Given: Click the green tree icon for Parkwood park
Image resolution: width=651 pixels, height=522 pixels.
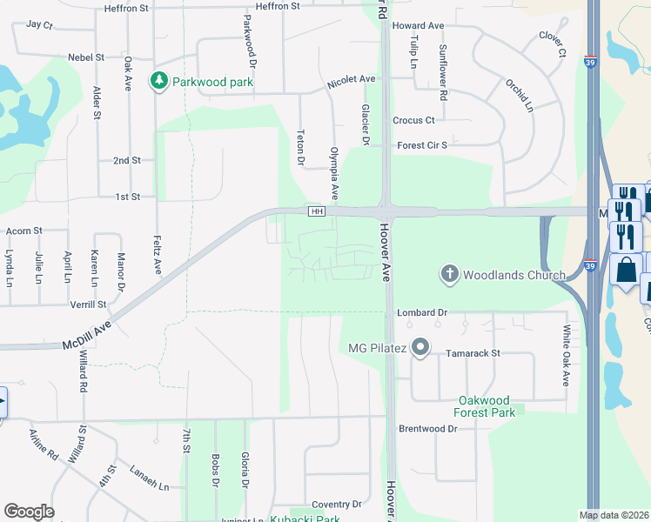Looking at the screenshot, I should (158, 82).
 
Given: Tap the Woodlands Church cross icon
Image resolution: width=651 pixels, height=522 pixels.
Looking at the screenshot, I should (450, 275).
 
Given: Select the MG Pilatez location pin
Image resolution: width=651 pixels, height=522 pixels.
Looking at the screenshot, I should (420, 349).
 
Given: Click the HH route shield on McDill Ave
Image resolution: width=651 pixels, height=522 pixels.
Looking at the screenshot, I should (317, 212).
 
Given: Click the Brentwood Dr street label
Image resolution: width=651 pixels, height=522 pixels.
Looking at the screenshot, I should (427, 429).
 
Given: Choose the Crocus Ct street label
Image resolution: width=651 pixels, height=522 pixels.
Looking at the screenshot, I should (413, 120).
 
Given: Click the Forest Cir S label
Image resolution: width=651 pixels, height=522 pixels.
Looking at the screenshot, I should (422, 145).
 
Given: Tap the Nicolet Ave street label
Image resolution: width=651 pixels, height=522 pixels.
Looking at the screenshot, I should (351, 79).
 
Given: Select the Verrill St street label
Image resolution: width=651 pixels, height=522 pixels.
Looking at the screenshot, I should (89, 304).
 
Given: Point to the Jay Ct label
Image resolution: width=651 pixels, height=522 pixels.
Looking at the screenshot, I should (40, 24).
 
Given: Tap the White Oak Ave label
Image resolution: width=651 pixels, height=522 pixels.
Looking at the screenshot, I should (565, 356).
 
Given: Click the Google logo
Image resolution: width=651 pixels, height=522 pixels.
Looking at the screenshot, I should (29, 511).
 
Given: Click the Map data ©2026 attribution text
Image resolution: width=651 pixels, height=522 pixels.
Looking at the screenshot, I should (614, 515).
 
